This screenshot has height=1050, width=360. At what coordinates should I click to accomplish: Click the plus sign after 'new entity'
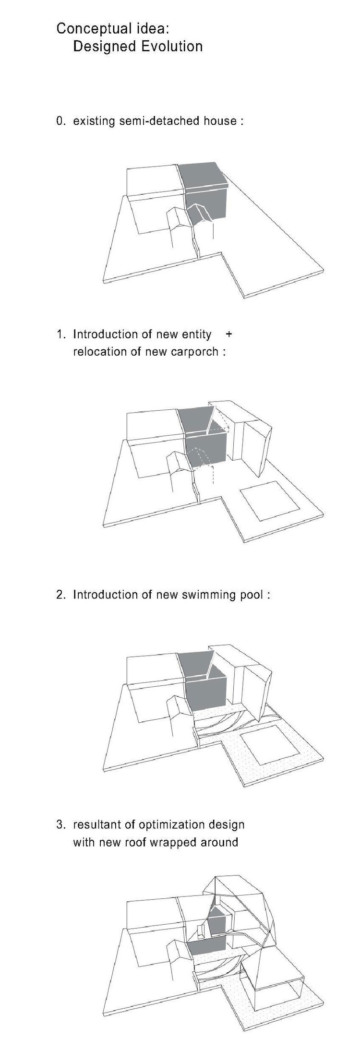pos(228,334)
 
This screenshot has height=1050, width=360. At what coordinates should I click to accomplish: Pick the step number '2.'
pos(60,595)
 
